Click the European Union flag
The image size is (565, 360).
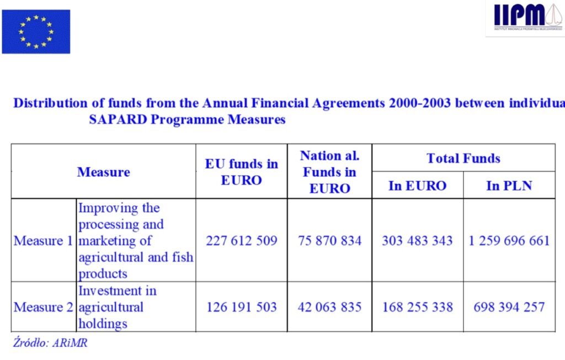tap(36, 31)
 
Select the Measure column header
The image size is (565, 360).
tap(103, 172)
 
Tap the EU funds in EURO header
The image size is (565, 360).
tap(241, 172)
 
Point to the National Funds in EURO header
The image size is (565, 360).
tap(329, 172)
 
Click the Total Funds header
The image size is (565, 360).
tap(463, 158)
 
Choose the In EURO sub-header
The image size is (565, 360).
tap(417, 186)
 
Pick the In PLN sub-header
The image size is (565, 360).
tap(509, 186)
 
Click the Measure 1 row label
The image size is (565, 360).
tap(44, 241)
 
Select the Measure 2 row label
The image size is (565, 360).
tap(44, 307)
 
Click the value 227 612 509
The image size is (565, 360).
tap(241, 241)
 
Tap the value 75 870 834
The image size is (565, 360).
tap(329, 241)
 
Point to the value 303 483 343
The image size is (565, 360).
tap(417, 241)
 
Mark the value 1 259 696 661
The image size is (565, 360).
tap(509, 241)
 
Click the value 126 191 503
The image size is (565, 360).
tap(241, 307)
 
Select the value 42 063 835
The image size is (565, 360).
tap(329, 307)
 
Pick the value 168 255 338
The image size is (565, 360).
tap(417, 307)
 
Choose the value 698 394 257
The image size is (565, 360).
tap(509, 307)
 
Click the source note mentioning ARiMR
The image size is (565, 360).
tap(50, 342)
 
